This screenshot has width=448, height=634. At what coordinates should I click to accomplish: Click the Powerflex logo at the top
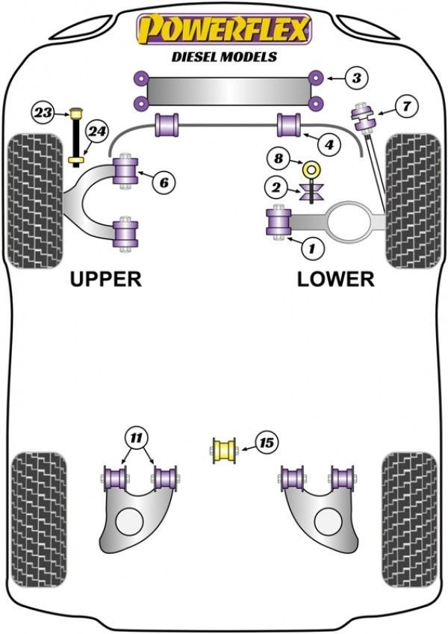pos(223,30)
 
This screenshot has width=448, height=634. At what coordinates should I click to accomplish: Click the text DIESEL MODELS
pos(223,56)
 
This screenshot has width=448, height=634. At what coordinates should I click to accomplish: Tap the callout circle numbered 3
pos(357,77)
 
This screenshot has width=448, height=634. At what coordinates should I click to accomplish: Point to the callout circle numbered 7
pos(405,106)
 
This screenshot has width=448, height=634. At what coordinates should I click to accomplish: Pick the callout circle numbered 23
pos(43,113)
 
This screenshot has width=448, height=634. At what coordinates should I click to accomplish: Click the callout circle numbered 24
pos(96,132)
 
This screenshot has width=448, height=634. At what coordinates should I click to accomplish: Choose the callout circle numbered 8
pos(279,158)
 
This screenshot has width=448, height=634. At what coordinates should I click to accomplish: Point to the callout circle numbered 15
pos(265,443)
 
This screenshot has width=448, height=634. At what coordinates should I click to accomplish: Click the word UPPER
pos(105,279)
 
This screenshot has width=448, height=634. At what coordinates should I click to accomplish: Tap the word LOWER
pos(335,279)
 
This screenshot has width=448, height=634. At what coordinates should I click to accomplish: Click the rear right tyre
pos(410,506)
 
